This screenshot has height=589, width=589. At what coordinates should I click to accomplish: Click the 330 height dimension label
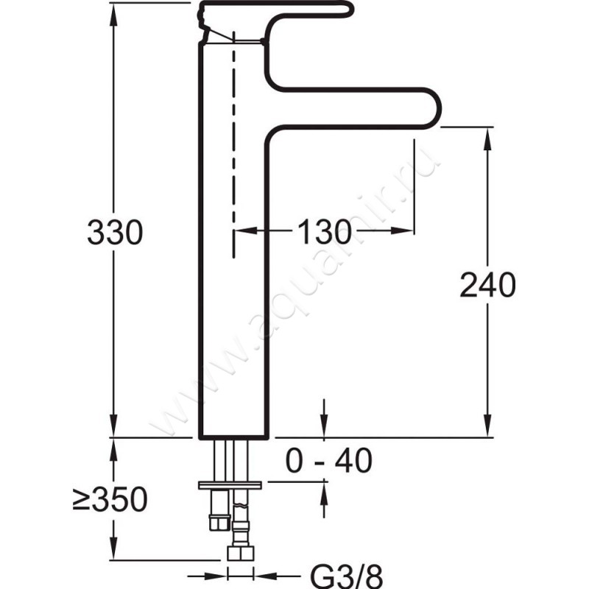[x=115, y=232]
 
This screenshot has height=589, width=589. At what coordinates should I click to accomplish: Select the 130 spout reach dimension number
[x=324, y=232]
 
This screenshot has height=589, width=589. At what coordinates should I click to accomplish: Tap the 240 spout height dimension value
[x=487, y=284]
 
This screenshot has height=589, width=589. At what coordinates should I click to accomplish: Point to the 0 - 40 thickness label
[x=328, y=460]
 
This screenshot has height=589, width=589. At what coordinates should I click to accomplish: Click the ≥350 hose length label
[x=110, y=499]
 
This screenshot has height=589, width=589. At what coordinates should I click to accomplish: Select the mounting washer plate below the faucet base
[x=230, y=485]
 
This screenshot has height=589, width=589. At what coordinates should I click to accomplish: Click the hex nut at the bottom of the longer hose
[x=241, y=554]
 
